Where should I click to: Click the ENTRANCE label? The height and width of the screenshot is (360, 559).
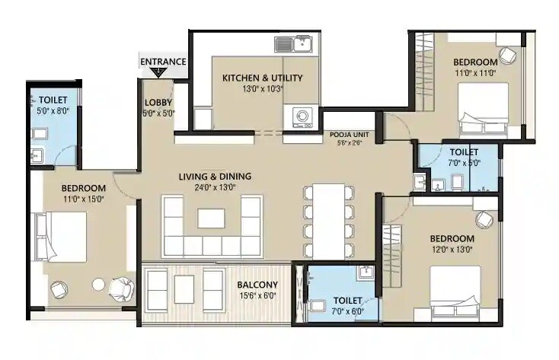point(162,62)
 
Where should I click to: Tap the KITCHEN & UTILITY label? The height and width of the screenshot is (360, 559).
point(262,78)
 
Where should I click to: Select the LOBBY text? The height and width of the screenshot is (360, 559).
point(158,103)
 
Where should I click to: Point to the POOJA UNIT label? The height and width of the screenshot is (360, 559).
point(345,134)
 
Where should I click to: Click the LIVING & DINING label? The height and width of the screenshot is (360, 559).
point(215,177)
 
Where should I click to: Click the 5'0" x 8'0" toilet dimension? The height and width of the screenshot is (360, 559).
point(53,110)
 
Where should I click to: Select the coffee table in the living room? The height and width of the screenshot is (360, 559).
point(211,218)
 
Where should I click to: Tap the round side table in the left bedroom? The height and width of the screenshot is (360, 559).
point(98,285)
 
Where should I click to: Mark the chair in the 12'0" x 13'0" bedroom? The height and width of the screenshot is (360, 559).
point(484,220)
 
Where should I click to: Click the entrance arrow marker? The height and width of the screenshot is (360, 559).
point(158,72)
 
